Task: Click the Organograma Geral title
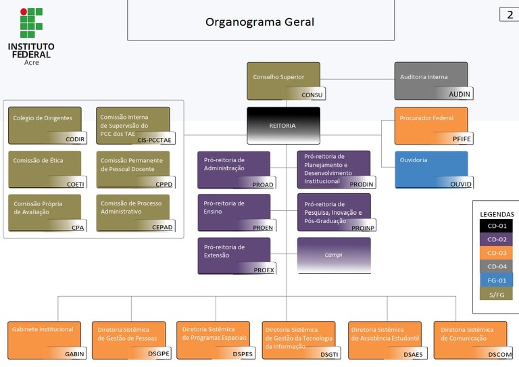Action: [x=259, y=22]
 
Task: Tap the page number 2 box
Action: [x=509, y=15]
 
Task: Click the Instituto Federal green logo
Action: [x=31, y=23]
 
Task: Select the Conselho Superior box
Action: [x=283, y=80]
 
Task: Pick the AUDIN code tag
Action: [x=460, y=94]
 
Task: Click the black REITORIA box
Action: [x=283, y=126]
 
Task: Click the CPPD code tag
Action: [x=164, y=183]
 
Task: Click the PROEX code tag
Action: [x=264, y=270]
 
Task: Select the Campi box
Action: [x=334, y=255]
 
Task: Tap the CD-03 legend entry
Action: [x=492, y=252]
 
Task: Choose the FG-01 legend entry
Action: [x=492, y=279]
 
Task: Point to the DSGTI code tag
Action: [x=329, y=354]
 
